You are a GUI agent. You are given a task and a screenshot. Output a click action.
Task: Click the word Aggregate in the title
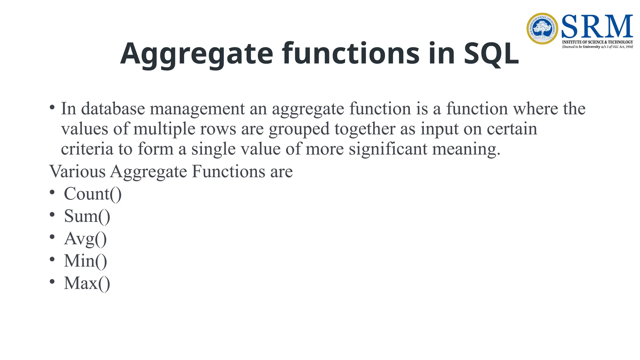point(197,54)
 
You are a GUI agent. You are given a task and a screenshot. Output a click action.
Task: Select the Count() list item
point(92,194)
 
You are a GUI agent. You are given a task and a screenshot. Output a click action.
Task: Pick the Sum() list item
point(87,216)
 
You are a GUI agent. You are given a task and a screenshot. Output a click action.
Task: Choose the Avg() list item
point(85,239)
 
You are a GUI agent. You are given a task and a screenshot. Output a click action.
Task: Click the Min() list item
point(85,261)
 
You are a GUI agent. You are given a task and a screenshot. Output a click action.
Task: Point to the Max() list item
point(87,283)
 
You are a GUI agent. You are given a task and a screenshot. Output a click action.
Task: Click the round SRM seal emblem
point(542,28)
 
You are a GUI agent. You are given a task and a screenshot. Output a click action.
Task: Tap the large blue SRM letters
point(597,27)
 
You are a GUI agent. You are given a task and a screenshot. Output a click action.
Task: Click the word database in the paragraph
point(113,109)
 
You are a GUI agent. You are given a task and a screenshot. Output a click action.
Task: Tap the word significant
point(388,149)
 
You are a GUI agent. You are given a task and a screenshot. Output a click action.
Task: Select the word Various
point(77,172)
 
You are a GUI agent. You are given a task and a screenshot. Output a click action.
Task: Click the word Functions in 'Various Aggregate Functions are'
point(228,172)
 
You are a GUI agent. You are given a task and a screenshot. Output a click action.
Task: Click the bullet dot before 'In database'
point(52,107)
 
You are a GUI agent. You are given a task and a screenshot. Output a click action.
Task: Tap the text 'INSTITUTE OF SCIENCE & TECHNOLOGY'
point(597,42)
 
